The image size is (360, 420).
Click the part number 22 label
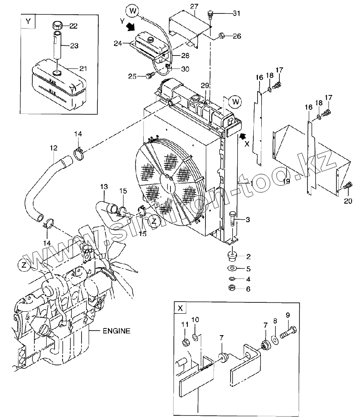[x=74, y=26]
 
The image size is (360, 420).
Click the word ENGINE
[x=116, y=331]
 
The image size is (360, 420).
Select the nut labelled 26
[x=222, y=35]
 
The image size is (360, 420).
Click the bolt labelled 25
[x=150, y=76]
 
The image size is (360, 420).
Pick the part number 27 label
[x=194, y=7]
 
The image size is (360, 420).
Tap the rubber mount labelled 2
[x=232, y=256]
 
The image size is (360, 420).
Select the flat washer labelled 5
[x=232, y=268]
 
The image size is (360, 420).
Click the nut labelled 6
[x=232, y=288]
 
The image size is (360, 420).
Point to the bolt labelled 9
[x=288, y=332]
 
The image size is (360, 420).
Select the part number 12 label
[x=54, y=148]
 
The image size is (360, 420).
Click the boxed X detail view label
[x=180, y=308]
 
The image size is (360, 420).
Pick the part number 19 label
[x=286, y=181]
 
